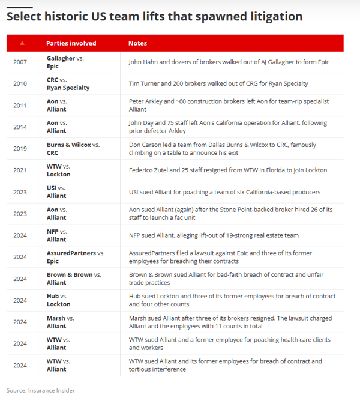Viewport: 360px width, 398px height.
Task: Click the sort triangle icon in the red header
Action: pyautogui.click(x=22, y=43)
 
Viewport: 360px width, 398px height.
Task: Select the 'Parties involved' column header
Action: pyautogui.click(x=71, y=43)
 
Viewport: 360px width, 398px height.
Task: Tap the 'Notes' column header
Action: pyautogui.click(x=137, y=43)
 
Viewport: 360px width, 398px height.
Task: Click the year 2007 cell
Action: pyautogui.click(x=20, y=62)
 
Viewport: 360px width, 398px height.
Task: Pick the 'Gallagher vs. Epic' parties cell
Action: pyautogui.click(x=65, y=62)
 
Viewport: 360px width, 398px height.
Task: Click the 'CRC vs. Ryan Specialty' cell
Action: pyautogui.click(x=68, y=83)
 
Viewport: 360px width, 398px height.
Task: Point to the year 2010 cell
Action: pyautogui.click(x=20, y=83)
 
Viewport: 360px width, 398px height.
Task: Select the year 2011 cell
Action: pyautogui.click(x=20, y=106)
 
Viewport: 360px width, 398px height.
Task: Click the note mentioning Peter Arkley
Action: pyautogui.click(x=229, y=106)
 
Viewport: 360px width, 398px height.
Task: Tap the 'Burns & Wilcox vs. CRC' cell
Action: pyautogui.click(x=73, y=148)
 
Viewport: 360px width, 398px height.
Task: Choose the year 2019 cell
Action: pyautogui.click(x=20, y=148)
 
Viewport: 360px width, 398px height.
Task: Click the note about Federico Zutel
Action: pyautogui.click(x=227, y=170)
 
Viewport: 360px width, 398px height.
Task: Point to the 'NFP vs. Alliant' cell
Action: pyautogui.click(x=56, y=235)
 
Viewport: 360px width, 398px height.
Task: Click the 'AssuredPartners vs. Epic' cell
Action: pyautogui.click(x=75, y=256)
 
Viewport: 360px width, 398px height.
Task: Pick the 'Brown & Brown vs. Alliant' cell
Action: pyautogui.click(x=74, y=278)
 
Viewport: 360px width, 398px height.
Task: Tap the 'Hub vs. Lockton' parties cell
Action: pyautogui.click(x=58, y=300)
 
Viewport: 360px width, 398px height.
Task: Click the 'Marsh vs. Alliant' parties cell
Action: pyautogui.click(x=60, y=321)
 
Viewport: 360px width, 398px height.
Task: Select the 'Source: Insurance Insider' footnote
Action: pyautogui.click(x=41, y=390)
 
